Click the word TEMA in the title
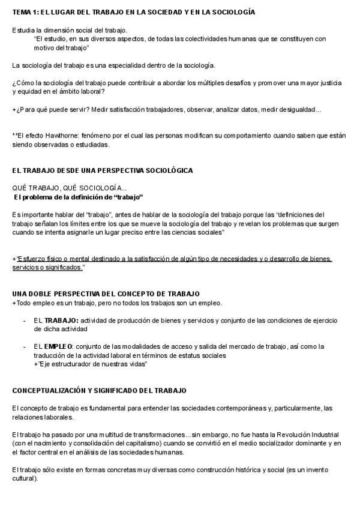(x=22, y=12)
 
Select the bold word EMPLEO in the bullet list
(x=59, y=346)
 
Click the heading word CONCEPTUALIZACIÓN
(x=50, y=390)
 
